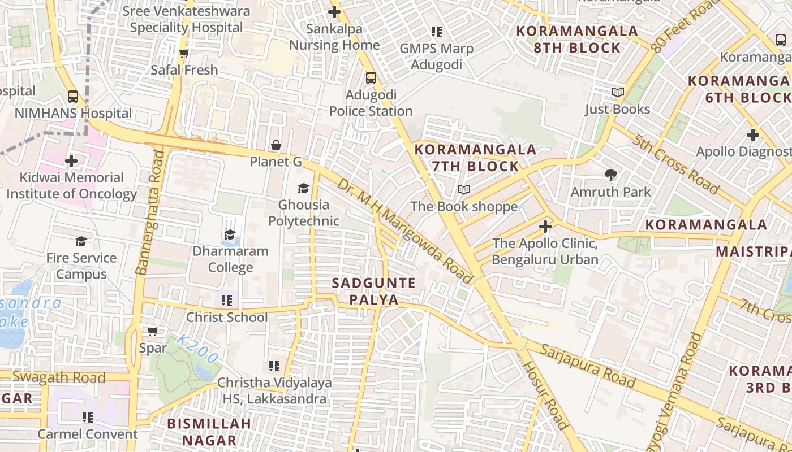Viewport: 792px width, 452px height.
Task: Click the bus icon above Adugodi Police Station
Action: pos(371,77)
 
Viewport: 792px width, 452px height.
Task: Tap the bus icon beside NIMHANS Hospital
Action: pos(73,96)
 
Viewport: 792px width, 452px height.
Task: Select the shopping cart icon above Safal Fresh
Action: pos(184,54)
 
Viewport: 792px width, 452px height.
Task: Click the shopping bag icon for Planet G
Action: pos(276,145)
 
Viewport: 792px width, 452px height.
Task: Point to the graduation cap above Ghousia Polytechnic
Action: pos(304,188)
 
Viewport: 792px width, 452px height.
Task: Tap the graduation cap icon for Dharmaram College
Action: pos(230,234)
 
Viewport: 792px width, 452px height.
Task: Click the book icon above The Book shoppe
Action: pos(464,189)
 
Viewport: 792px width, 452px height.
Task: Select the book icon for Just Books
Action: pos(618,92)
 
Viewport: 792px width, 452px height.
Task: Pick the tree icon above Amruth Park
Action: pos(610,175)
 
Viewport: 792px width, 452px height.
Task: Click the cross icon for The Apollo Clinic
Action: pos(545,227)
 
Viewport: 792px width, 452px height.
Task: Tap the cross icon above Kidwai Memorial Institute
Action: pos(71,161)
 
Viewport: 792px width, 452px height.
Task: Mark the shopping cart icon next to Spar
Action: pos(153,331)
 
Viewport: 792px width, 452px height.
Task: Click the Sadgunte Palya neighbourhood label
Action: pos(373,291)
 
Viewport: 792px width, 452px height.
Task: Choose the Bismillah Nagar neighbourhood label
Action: pos(209,432)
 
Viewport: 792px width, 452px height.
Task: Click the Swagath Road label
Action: pos(59,377)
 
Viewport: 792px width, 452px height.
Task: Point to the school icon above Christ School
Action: pos(227,301)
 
